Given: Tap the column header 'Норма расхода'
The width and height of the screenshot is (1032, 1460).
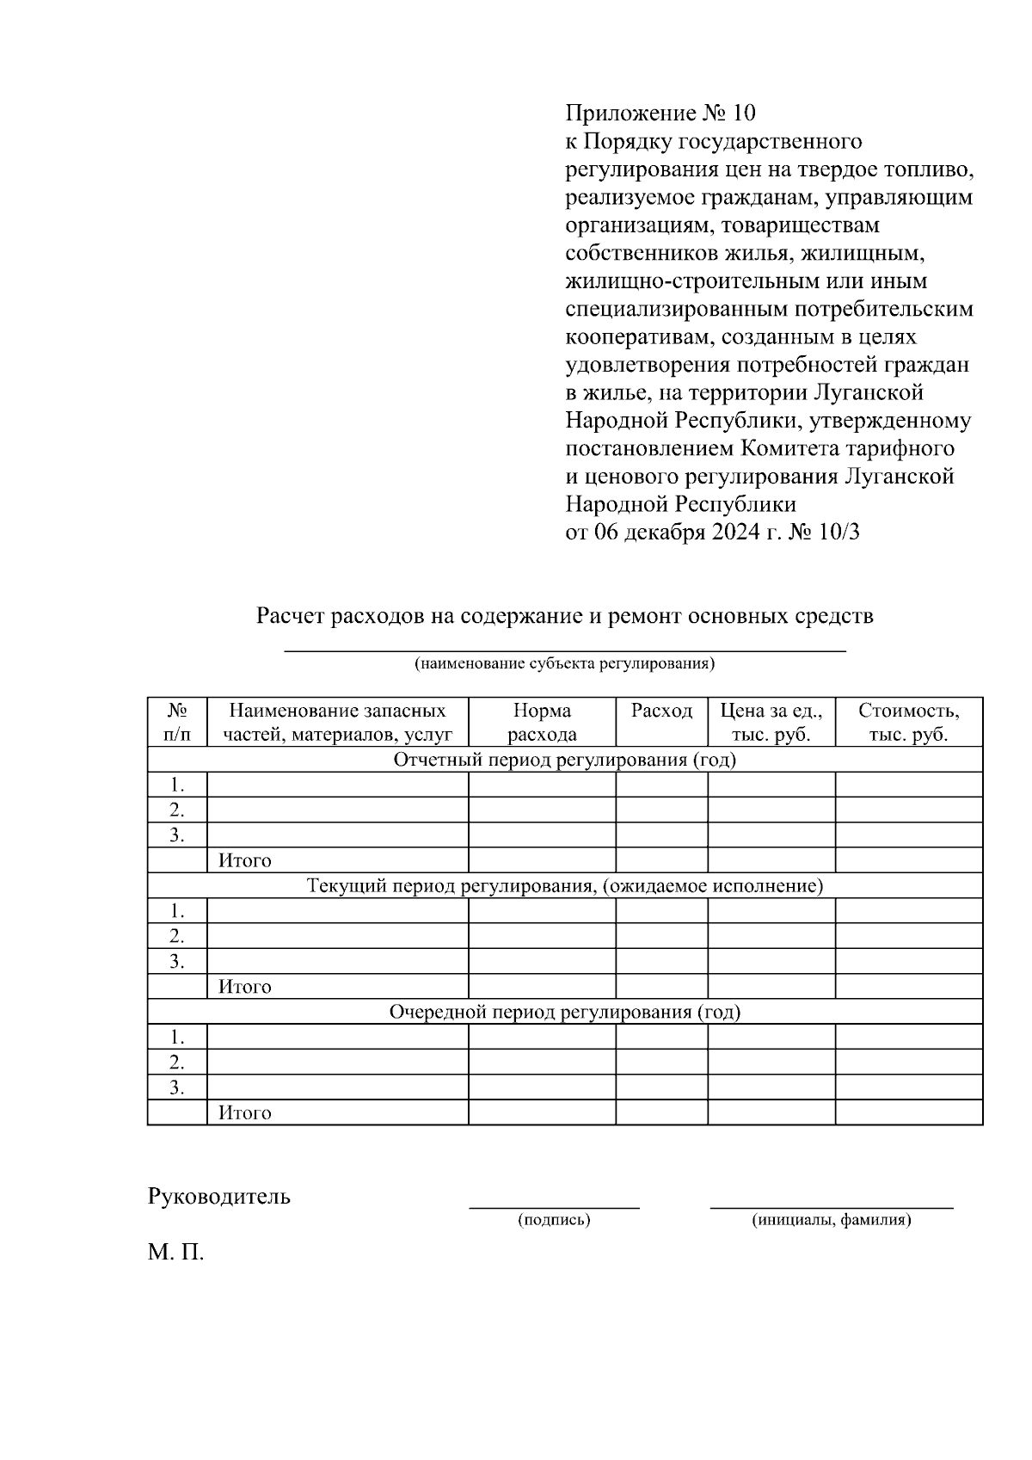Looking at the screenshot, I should (542, 723).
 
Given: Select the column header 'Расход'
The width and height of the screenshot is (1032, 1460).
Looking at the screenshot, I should (661, 711).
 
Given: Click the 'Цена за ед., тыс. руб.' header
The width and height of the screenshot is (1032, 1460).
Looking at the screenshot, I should (771, 723).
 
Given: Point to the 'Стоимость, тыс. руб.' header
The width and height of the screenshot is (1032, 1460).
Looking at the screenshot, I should (908, 723).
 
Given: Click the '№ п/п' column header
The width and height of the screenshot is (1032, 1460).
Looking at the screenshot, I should (177, 723).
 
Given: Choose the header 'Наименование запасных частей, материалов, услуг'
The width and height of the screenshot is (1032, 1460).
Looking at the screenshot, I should (337, 723).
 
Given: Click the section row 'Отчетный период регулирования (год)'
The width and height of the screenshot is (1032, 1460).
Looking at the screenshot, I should (564, 760).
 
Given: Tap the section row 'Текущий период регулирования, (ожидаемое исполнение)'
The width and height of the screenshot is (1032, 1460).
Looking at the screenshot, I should (564, 886).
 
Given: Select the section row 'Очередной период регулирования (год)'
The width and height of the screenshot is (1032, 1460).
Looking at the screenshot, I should (564, 1012).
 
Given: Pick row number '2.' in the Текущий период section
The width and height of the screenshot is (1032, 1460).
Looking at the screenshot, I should (176, 936).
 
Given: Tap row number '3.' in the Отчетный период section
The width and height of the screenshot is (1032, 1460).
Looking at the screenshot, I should (176, 835).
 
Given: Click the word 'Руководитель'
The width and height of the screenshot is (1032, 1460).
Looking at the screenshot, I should (218, 1197).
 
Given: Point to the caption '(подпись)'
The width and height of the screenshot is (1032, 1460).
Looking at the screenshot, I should (554, 1220).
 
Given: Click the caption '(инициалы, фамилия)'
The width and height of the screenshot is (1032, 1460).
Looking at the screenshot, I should (831, 1220).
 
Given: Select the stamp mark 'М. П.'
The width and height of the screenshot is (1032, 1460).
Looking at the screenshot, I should (175, 1253).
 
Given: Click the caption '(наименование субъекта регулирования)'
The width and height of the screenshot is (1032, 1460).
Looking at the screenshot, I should (564, 664).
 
